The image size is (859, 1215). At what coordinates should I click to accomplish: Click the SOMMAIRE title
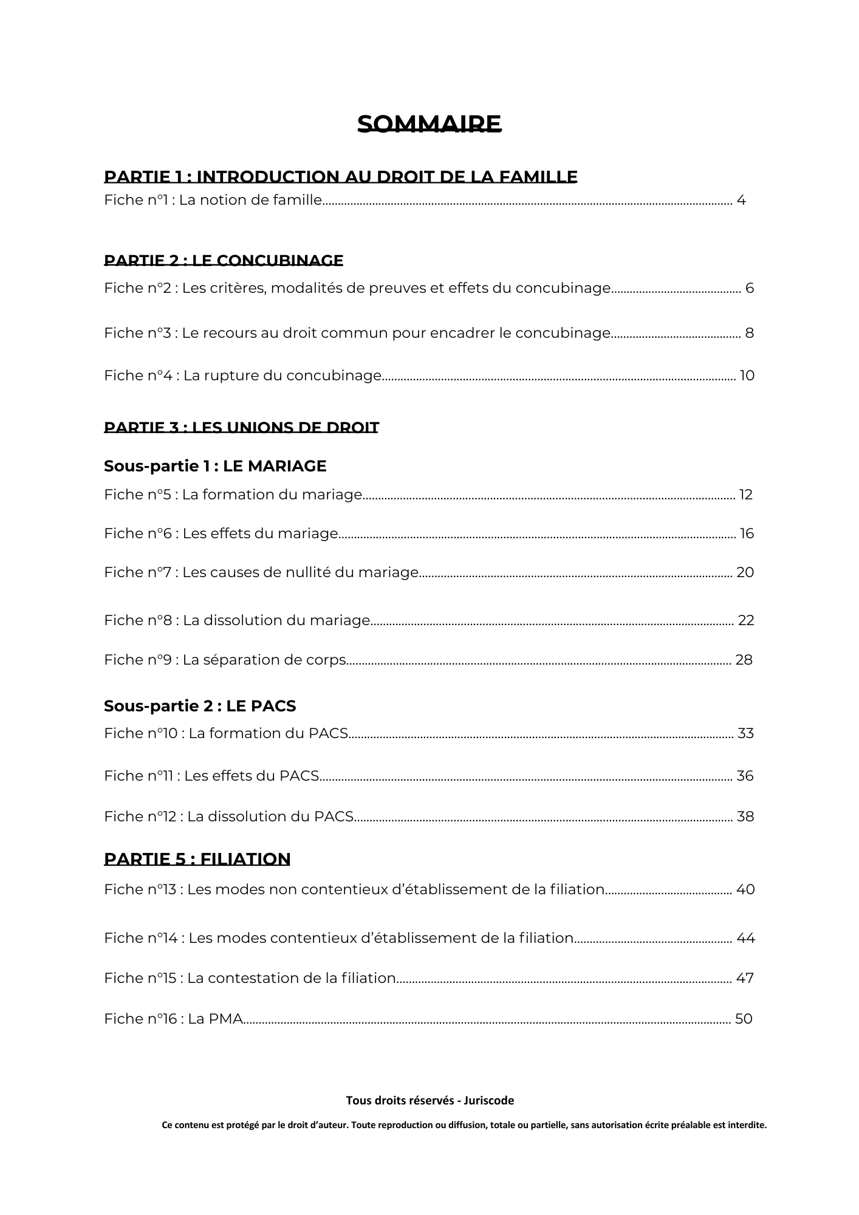click(x=429, y=124)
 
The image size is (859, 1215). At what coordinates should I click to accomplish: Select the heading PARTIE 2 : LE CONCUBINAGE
click(x=224, y=261)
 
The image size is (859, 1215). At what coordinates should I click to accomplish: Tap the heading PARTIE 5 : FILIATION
click(x=197, y=859)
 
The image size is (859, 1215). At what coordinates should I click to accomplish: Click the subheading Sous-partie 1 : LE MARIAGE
click(x=215, y=466)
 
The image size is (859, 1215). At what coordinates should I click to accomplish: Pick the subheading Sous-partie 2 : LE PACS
click(x=200, y=706)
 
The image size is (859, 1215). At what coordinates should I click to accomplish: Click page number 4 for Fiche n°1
click(x=741, y=200)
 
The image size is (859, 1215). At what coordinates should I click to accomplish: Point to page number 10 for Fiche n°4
click(x=747, y=375)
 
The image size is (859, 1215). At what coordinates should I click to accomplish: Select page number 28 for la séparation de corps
click(x=744, y=660)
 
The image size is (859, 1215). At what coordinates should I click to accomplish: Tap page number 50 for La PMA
click(x=744, y=1019)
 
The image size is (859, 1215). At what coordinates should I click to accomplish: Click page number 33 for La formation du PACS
click(x=745, y=733)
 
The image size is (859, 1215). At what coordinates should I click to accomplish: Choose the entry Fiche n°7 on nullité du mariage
click(x=261, y=572)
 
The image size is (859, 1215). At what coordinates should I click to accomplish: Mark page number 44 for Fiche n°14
click(x=745, y=938)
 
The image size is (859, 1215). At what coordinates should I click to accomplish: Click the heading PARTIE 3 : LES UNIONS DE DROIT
click(x=241, y=428)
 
